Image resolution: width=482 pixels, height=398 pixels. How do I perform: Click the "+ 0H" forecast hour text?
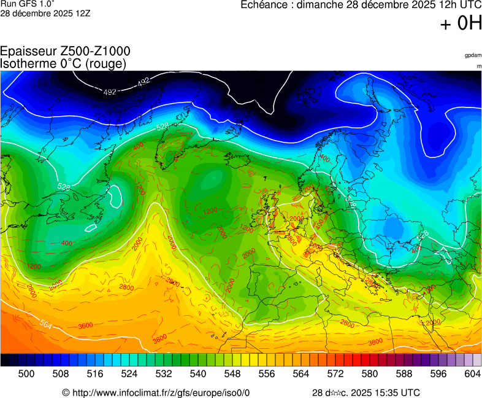[461, 23]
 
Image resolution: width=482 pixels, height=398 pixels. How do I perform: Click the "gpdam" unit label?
[473, 55]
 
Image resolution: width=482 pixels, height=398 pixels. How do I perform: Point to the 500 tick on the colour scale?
[26, 373]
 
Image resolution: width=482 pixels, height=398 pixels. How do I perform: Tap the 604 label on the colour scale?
[472, 373]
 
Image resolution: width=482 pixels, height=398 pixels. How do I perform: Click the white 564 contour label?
[45, 325]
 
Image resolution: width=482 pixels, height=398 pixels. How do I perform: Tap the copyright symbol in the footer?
[66, 392]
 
